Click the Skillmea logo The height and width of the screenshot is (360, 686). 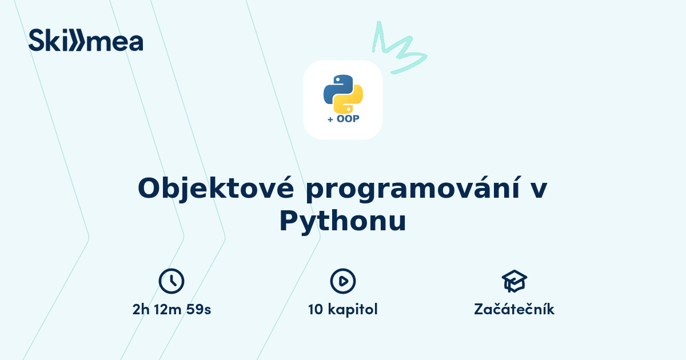86,40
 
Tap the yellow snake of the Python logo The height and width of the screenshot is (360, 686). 350,101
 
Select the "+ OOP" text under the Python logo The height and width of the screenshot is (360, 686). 343,119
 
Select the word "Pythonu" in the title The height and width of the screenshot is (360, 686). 342,221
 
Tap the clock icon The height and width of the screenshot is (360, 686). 171,281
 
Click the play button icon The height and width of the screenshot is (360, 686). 343,281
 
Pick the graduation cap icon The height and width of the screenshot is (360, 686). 514,281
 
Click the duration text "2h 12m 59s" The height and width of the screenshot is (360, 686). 171,310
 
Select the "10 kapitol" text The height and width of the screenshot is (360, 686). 343,310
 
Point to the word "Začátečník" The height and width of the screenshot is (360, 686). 514,310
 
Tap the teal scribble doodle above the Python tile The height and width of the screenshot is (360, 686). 397,49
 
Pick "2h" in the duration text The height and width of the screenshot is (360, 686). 140,310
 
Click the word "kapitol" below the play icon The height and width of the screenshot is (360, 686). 353,310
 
